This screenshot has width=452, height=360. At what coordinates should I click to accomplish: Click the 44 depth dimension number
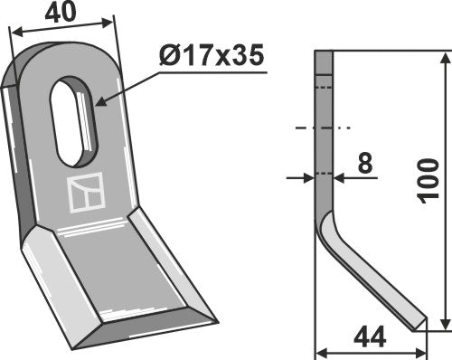(368, 338)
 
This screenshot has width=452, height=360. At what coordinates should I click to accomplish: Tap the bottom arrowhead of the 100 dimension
(446, 327)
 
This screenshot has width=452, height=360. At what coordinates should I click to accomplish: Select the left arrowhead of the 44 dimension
(319, 352)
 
